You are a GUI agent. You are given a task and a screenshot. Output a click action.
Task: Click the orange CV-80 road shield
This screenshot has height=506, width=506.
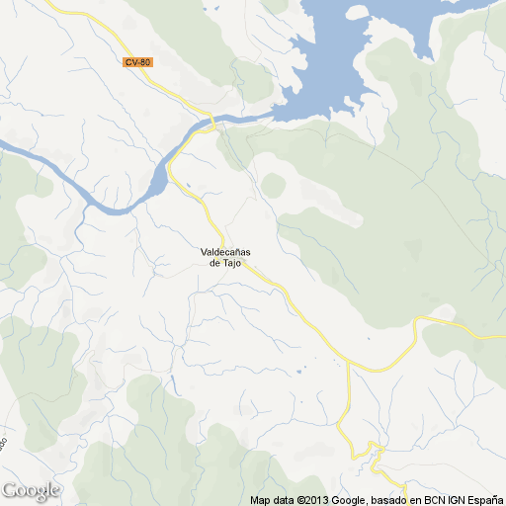pyautogui.click(x=138, y=62)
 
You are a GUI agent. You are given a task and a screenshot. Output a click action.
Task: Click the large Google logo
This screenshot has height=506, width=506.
pyautogui.click(x=31, y=490)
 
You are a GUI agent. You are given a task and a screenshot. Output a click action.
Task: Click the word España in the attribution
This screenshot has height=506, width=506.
pyautogui.click(x=484, y=500)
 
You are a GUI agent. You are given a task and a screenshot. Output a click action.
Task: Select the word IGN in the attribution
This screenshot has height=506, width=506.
pyautogui.click(x=452, y=500)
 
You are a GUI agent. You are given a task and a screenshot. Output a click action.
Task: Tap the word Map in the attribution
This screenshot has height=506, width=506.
pyautogui.click(x=260, y=500)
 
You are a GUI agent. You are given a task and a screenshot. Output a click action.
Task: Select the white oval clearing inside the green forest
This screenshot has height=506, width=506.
pyautogui.click(x=273, y=185)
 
